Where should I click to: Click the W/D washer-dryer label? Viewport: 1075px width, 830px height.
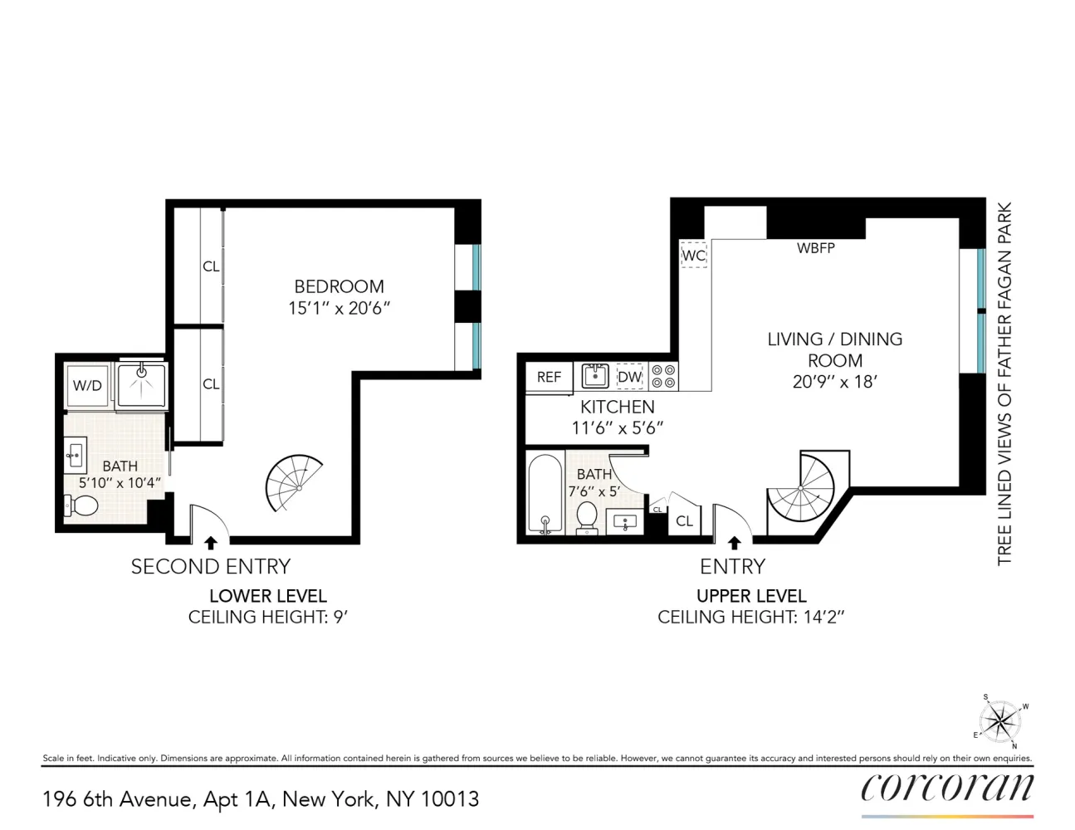[87, 385]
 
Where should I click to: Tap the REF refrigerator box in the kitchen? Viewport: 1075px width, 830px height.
[549, 377]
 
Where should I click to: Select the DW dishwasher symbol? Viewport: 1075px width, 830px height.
[629, 377]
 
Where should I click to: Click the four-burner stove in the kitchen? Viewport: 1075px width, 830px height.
[663, 377]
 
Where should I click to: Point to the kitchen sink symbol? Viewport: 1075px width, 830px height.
[595, 376]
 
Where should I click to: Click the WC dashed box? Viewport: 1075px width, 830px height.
[694, 255]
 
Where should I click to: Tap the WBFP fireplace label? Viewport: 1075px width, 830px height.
[816, 248]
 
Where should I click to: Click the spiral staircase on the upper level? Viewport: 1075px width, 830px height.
[800, 488]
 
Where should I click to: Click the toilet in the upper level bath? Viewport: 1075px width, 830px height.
[587, 518]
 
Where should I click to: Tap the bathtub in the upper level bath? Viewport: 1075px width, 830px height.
[545, 494]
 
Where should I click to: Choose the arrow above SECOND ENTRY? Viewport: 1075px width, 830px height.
[211, 543]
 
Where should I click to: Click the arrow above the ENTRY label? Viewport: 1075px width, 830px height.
[734, 543]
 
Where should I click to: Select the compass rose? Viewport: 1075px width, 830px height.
[1000, 721]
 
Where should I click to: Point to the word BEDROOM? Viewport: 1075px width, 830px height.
[339, 286]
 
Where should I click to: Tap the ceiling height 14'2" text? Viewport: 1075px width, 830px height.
[821, 617]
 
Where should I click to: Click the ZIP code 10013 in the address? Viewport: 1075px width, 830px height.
[450, 798]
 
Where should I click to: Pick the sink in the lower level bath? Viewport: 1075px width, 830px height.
[76, 452]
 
